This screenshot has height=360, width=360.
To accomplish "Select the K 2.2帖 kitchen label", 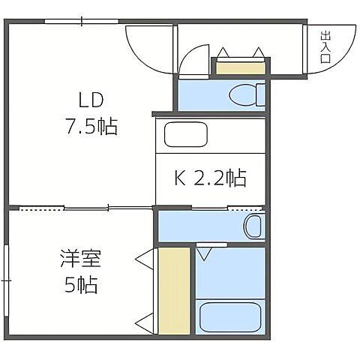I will [210, 178].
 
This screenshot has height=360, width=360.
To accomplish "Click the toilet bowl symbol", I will [244, 94].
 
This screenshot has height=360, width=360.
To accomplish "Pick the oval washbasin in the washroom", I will [253, 225].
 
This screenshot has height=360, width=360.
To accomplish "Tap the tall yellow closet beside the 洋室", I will [174, 290].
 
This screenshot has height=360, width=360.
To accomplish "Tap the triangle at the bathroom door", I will [204, 253].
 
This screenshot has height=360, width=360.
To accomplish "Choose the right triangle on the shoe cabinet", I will [259, 52].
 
